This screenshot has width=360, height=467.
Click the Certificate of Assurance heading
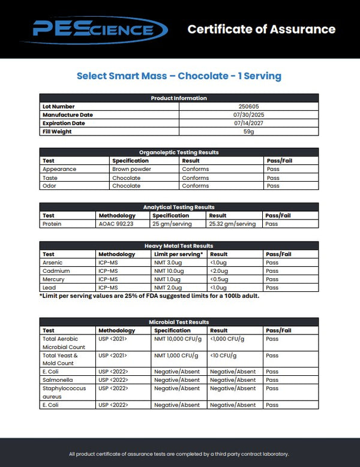(x=261, y=29)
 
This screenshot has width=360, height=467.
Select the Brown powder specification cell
(x=128, y=169)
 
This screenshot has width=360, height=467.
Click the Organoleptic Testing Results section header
(x=179, y=152)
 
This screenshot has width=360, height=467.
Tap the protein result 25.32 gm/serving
(x=232, y=224)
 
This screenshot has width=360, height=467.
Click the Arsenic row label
(x=52, y=263)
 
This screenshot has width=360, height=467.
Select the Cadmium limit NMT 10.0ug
(x=170, y=271)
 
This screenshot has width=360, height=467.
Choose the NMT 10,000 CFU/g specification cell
(x=177, y=339)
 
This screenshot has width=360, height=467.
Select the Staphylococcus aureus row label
(x=60, y=392)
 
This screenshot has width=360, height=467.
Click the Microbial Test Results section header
(x=179, y=322)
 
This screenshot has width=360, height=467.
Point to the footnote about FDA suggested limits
(x=149, y=296)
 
